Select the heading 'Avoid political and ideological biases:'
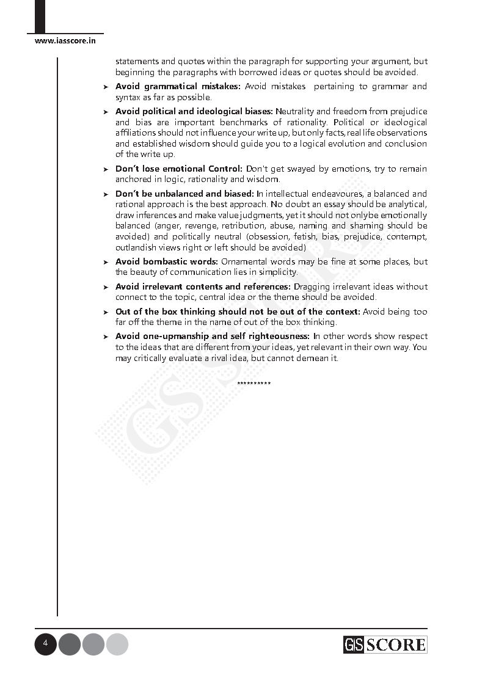tap(194, 112)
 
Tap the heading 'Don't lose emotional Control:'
tap(179, 169)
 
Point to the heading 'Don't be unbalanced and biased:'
tap(184, 194)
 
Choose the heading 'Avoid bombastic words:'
tap(166, 261)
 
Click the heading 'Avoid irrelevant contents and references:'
tap(203, 286)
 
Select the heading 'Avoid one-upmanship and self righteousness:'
tap(213, 337)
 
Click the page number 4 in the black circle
tap(45, 644)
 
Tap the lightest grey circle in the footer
tap(117, 644)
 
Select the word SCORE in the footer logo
tap(395, 644)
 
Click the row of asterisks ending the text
tap(253, 384)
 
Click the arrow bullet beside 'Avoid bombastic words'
tap(106, 262)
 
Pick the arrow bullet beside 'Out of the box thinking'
tap(106, 312)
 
